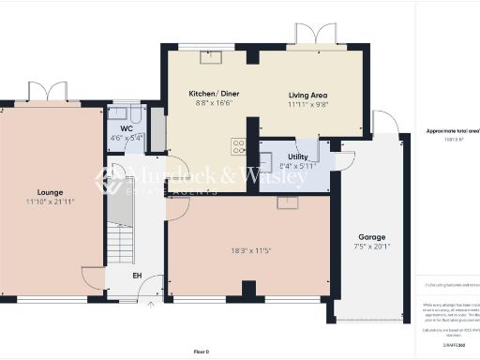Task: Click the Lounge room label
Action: coord(50,191)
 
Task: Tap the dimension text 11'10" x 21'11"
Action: coord(50,202)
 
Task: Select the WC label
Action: coord(127,128)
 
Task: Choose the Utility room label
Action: coord(298,157)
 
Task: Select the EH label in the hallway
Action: coord(136,276)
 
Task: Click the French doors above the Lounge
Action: coord(49,93)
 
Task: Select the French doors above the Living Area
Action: coord(310,35)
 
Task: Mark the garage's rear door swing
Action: coord(384,122)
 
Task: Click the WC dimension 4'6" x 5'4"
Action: coord(127,138)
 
